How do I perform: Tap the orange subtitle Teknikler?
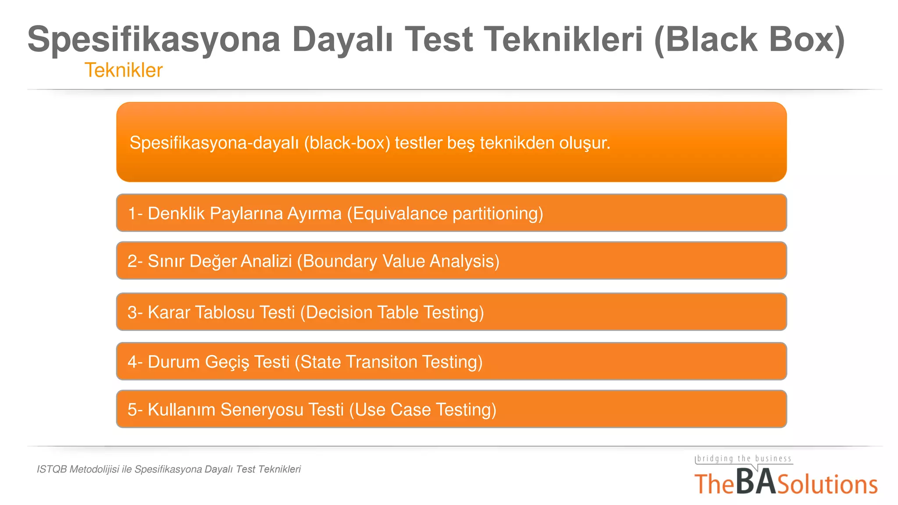tap(123, 70)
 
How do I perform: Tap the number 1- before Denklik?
tap(135, 213)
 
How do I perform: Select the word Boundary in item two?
tap(340, 261)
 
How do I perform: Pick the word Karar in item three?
tap(169, 313)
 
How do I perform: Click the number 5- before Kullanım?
tap(135, 410)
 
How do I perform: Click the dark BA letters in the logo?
tap(755, 483)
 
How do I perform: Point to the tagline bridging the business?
tap(744, 459)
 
